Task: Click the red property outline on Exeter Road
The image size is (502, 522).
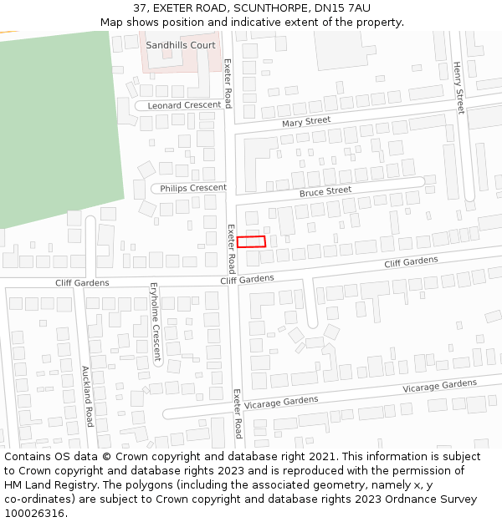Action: click(x=251, y=241)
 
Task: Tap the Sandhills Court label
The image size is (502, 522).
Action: click(x=181, y=45)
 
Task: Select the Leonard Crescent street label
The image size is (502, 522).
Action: click(x=185, y=106)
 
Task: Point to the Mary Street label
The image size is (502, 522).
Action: click(x=306, y=122)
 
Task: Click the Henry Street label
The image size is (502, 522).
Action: click(x=458, y=88)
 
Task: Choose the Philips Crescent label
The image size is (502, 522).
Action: click(x=193, y=188)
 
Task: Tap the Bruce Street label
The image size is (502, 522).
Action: click(x=325, y=191)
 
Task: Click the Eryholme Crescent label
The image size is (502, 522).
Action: click(x=155, y=321)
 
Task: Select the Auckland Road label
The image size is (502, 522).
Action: click(x=86, y=396)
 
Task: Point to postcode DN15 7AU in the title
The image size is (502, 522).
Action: click(x=342, y=8)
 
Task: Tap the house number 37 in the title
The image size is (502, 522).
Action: click(x=140, y=8)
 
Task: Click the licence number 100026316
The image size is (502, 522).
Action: click(x=34, y=514)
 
